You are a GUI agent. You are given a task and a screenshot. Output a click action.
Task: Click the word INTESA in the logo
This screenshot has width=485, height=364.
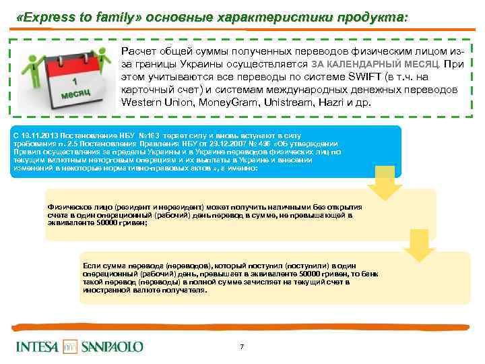pyautogui.click(x=36, y=346)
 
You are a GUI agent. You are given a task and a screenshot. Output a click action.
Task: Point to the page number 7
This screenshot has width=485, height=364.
pyautogui.click(x=242, y=346)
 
